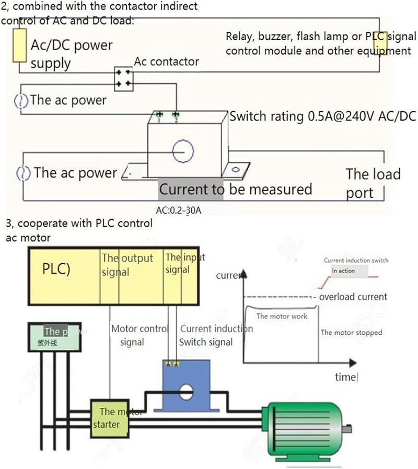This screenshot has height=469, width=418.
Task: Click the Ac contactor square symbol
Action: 123,78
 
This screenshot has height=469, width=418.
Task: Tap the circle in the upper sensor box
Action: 183,151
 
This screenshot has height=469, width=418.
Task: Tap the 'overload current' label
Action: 353,297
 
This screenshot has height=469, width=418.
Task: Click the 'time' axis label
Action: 345,377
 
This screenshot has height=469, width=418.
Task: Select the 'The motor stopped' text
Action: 351,332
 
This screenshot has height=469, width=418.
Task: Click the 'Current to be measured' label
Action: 235,189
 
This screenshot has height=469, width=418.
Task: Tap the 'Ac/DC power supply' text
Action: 71,54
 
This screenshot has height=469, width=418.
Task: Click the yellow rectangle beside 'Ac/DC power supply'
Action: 20,45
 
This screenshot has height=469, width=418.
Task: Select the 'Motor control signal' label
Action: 138,335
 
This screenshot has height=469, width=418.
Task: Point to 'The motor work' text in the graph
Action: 282,316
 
